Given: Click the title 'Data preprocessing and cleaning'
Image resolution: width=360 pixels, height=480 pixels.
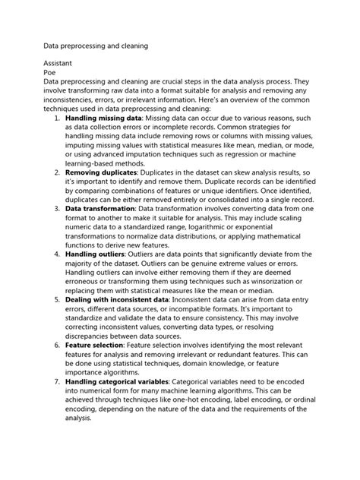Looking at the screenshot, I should pos(95,46).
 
